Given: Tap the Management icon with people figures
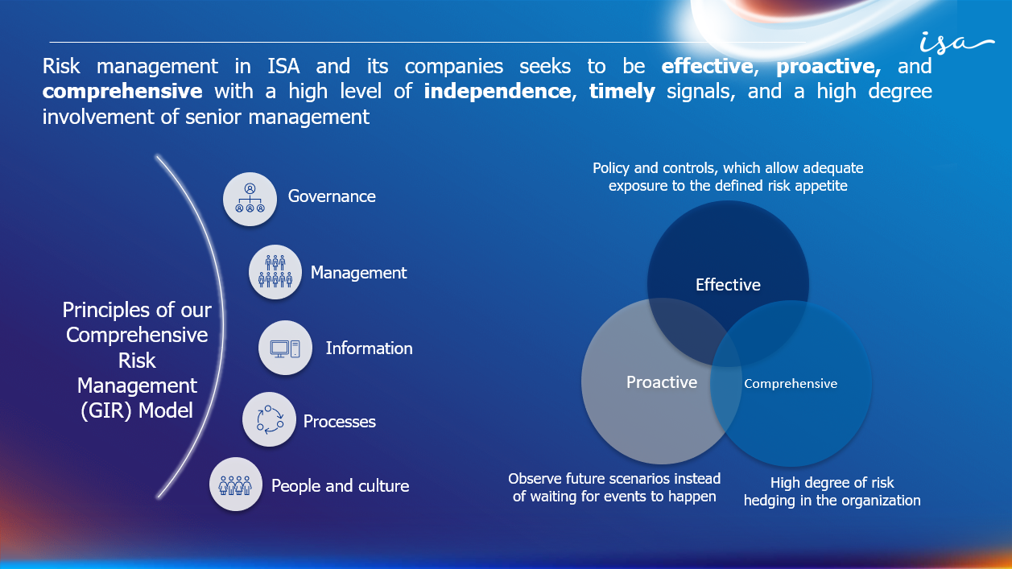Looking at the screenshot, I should pos(275,273).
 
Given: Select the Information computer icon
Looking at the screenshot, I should pos(285,348).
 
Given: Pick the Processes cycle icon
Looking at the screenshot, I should pos(269,419).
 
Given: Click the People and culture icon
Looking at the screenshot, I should pos(236,484).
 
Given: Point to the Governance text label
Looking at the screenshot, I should pos(332,196).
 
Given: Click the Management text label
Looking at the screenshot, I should pos(358,273).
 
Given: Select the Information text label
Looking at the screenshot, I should pos(369,348).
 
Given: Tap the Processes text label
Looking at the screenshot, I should pos(339,422).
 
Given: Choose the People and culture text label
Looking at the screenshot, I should pos(340,486).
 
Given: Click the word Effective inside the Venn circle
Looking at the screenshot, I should pos(728,285).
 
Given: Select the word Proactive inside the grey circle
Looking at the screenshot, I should pos(662,382).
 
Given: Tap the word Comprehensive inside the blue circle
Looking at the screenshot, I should pos(791,384).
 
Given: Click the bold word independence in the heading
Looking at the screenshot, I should pos(497,91).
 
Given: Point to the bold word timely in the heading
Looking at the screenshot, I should pos(622,91).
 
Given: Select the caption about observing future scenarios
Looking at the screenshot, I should pos(614,488).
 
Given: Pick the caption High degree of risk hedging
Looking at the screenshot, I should pos(832,492).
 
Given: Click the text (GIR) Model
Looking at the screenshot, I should pos(137,410).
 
